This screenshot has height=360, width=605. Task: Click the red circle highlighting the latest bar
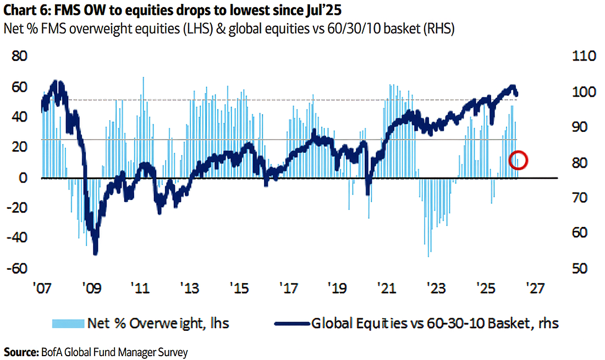point(519,160)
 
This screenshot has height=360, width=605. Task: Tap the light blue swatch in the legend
point(66,323)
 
